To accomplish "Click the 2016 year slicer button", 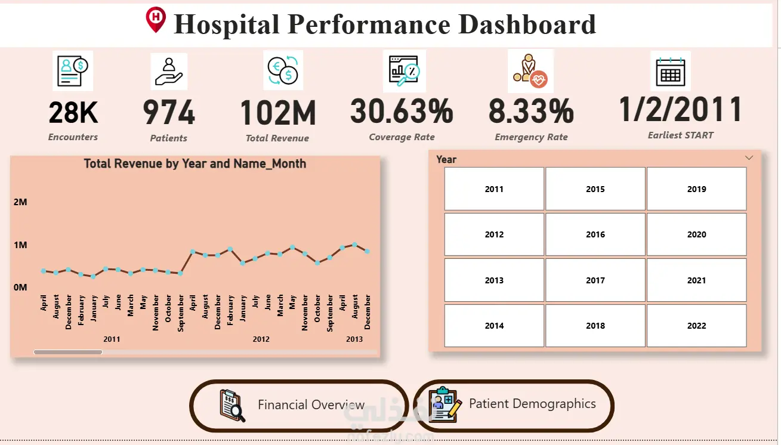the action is click(x=595, y=234).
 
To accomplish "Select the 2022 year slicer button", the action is click(x=697, y=326).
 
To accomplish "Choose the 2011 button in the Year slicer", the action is click(x=494, y=189).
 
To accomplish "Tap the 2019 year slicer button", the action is click(x=697, y=189).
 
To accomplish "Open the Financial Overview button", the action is click(x=299, y=406).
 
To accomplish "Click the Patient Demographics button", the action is click(x=514, y=406).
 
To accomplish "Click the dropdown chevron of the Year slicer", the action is click(x=749, y=158).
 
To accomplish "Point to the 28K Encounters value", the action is click(x=73, y=113).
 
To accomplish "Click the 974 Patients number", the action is click(x=169, y=112).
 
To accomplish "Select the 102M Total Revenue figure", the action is click(x=278, y=113).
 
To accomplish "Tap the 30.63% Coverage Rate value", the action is click(x=402, y=111).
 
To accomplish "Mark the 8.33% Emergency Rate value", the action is click(x=531, y=111).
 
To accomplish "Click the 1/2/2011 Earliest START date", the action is click(x=680, y=109).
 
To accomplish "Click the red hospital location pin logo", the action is click(x=156, y=20).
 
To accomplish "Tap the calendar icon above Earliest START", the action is click(x=671, y=72).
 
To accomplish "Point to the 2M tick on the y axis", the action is click(x=20, y=202).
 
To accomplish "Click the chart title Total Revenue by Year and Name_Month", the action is click(x=195, y=163).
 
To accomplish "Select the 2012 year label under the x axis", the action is click(x=261, y=339).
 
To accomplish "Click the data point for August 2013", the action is click(x=354, y=245).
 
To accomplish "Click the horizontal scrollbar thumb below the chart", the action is click(x=68, y=352).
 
